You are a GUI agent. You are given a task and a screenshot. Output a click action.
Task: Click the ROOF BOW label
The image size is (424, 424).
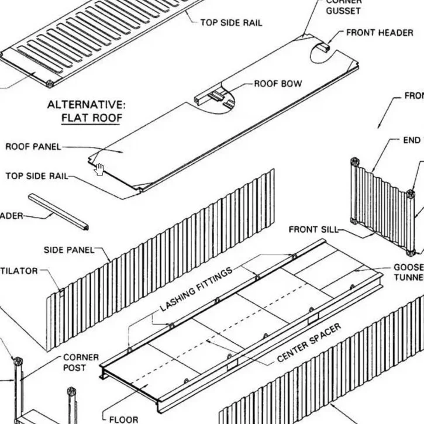[278, 84]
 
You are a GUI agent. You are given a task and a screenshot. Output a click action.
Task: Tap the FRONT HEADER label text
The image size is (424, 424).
[379, 33]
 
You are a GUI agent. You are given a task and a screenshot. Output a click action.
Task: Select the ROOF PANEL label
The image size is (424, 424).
[33, 147]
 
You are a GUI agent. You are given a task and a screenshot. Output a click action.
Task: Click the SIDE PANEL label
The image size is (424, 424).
[68, 250]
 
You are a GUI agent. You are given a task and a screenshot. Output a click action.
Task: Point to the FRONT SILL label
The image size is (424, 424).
[313, 229]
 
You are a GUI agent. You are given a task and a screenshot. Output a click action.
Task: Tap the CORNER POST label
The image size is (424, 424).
[81, 362]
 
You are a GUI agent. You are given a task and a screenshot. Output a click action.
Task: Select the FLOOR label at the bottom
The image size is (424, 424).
[123, 419]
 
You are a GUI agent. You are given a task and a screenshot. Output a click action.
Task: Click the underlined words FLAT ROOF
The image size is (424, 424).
[92, 118]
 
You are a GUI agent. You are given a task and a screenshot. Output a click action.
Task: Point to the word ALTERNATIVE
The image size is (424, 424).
[86, 105]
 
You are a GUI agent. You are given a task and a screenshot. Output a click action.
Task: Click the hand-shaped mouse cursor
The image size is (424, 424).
[100, 170]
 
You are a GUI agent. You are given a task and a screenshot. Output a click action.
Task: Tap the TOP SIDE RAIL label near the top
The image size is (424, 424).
[231, 23]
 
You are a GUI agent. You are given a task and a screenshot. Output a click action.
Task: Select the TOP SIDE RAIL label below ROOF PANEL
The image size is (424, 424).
[36, 176]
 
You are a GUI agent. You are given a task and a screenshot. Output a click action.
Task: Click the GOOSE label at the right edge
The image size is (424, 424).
[408, 267]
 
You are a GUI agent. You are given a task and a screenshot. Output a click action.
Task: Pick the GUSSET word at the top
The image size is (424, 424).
[343, 11]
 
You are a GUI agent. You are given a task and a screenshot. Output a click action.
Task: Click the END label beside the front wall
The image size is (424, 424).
[412, 140]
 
